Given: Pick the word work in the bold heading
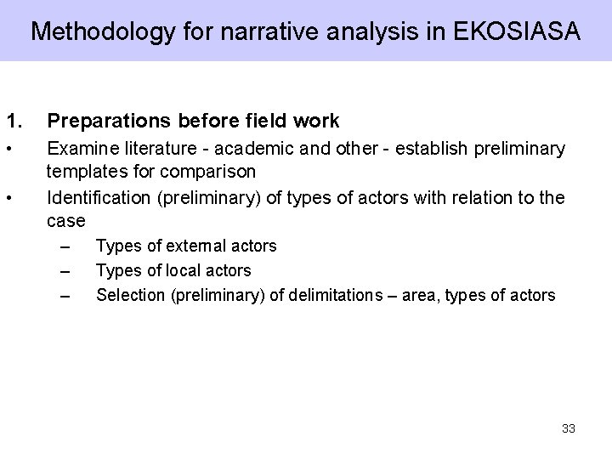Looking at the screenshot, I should tap(315, 121).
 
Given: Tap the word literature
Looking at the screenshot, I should tap(150, 150).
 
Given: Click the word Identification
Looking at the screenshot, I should tap(98, 199).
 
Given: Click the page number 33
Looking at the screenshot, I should tap(569, 428).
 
